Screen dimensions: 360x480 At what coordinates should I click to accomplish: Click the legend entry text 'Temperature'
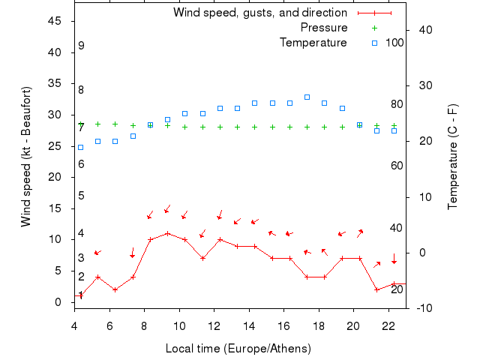point(313,43)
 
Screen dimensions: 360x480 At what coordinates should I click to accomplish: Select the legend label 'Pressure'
point(324,28)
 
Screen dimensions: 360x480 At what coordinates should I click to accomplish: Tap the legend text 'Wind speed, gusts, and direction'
point(260,13)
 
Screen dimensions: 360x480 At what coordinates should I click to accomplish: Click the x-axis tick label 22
point(388,325)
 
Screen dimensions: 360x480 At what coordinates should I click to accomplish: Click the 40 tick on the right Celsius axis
point(424,30)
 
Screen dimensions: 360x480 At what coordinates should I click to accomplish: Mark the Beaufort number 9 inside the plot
point(81,46)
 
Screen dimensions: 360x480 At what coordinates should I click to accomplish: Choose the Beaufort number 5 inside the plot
point(81,196)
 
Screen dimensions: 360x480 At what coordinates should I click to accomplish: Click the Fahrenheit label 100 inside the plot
point(394,43)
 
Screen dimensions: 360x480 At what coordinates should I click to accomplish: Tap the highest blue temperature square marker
point(307,97)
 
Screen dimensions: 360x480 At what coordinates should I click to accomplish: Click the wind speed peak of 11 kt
point(167,233)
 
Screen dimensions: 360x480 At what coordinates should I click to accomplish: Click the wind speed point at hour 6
point(115,289)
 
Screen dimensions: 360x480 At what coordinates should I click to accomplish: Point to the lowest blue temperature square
point(80,147)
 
